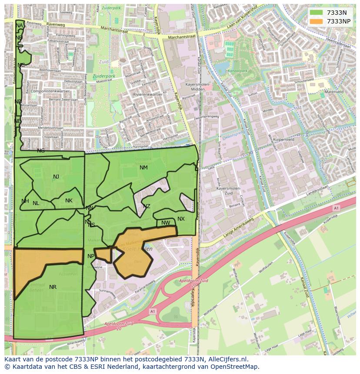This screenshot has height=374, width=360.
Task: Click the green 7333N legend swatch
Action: click(x=316, y=13)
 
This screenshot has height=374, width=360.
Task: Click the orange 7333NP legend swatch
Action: click(x=316, y=21)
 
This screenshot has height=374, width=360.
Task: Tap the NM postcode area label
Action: click(x=143, y=168)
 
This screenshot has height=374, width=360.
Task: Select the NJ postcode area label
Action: click(x=56, y=177)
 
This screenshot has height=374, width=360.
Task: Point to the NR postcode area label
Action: click(x=53, y=287)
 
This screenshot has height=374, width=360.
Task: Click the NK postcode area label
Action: click(x=69, y=201)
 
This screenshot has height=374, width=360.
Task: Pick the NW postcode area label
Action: click(x=166, y=223)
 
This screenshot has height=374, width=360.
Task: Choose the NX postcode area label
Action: click(x=181, y=219)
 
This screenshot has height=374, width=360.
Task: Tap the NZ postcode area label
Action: click(x=147, y=206)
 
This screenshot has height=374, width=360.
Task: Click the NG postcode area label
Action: click(x=41, y=151)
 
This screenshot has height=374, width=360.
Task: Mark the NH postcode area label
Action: click(x=25, y=201)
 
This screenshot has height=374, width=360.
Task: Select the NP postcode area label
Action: click(x=91, y=256)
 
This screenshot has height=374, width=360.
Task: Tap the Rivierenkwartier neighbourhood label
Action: click(x=148, y=94)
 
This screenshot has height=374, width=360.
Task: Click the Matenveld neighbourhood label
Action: click(x=334, y=92)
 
